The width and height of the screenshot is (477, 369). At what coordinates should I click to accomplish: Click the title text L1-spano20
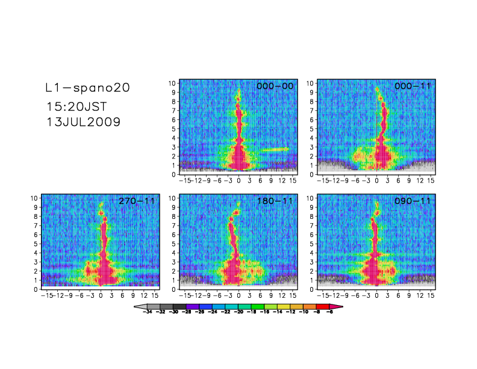tap(88, 88)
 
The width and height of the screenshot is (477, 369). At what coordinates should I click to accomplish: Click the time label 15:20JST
tap(77, 107)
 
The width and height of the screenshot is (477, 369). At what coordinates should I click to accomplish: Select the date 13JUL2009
tap(84, 121)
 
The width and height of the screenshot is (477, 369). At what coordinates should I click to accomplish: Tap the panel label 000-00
tap(275, 86)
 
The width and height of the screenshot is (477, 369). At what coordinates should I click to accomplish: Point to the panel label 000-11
tap(413, 86)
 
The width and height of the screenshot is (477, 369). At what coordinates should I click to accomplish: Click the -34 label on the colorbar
tap(147, 313)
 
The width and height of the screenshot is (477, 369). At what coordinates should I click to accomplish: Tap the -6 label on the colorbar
tap(329, 313)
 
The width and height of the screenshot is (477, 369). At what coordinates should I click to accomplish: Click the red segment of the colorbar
tap(322, 307)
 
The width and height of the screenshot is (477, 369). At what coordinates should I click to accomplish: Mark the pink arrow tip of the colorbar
tap(338, 307)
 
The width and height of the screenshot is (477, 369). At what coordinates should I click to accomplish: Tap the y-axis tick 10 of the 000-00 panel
tap(172, 83)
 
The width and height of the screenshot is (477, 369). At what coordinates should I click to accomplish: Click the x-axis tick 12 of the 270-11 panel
tap(144, 295)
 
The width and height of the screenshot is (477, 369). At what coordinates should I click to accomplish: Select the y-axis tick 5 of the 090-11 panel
tap(311, 244)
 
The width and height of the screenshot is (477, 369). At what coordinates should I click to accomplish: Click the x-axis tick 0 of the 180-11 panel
tap(239, 295)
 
